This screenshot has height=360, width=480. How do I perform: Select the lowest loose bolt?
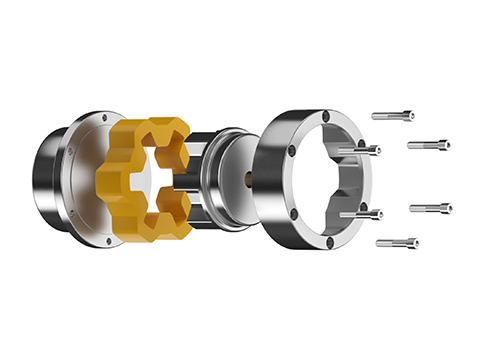(x=397, y=242)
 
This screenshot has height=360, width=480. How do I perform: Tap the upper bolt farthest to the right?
(x=427, y=144)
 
